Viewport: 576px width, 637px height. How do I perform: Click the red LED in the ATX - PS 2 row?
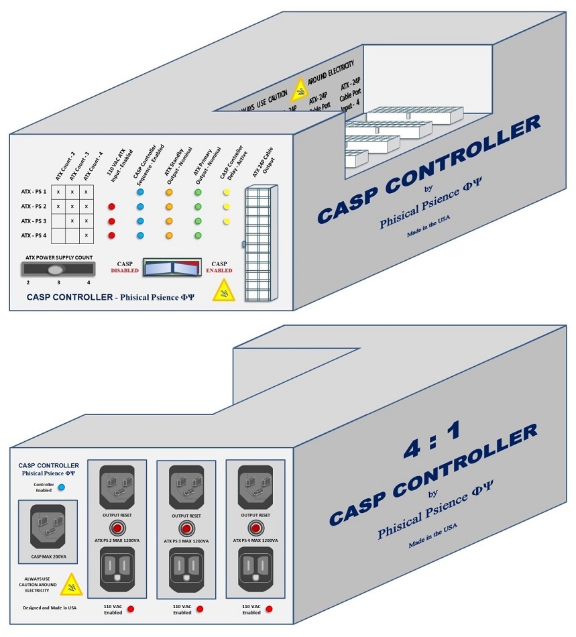112,207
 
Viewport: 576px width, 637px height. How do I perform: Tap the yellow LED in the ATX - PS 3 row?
226,221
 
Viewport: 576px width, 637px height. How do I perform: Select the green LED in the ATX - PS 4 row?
198,235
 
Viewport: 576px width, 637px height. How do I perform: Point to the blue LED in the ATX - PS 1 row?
140,192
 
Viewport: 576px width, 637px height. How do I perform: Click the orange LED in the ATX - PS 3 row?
169,221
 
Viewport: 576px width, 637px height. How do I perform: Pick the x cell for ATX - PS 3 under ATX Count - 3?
72,221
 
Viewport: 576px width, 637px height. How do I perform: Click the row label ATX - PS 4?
34,235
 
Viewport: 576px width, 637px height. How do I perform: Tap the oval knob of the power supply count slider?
56,270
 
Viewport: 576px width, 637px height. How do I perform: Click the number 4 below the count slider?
88,283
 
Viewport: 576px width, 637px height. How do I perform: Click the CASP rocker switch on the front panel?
172,268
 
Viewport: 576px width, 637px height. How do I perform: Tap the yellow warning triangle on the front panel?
223,290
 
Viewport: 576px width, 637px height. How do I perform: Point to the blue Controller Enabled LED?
62,487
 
